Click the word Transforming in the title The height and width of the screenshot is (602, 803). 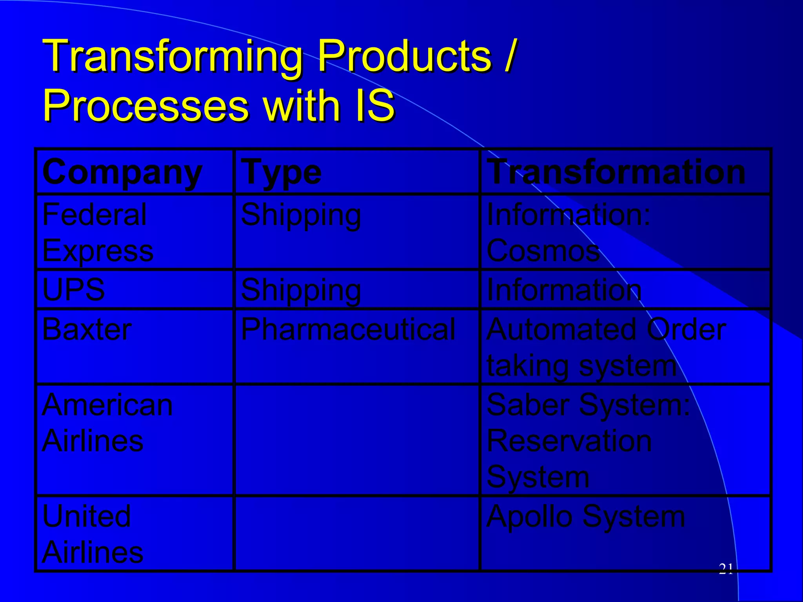point(173,57)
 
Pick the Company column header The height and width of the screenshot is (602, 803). point(122,172)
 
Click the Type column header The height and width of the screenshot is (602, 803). point(281,172)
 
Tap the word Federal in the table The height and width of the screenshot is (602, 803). point(94,215)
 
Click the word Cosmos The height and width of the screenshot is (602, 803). point(543,250)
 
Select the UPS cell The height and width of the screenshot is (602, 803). point(73,290)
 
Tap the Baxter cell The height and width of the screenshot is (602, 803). point(87,329)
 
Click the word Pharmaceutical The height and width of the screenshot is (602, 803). point(348,329)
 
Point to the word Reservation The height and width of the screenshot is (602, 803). point(569,441)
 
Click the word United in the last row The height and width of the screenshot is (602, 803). point(86,516)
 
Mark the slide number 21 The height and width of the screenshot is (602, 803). point(726,569)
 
